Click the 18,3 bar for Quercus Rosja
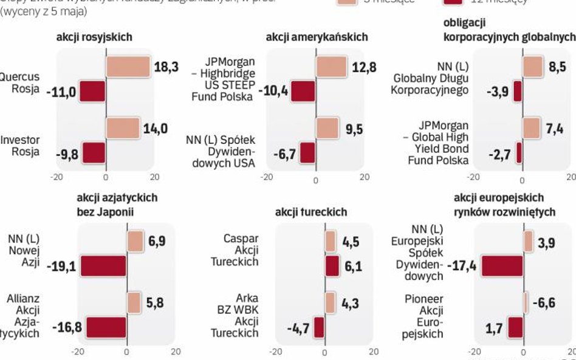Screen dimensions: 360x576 click(128, 67)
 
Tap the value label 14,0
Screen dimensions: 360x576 click(156, 129)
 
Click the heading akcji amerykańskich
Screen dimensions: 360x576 click(317, 37)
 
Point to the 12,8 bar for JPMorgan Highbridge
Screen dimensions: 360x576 click(331, 67)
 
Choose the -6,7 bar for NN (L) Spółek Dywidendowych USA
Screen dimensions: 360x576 click(307, 152)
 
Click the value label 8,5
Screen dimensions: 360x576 click(557, 67)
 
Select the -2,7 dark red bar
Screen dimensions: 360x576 click(519, 152)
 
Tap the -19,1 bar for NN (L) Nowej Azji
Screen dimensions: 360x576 click(103, 266)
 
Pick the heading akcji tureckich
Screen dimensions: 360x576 click(311, 212)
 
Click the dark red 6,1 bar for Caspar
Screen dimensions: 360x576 click(332, 266)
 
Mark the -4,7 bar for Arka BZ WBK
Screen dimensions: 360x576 click(319, 327)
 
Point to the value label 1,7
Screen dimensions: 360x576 click(493, 327)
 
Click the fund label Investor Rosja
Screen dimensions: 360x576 click(24, 146)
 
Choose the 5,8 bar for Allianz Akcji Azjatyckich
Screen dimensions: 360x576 click(134, 302)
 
